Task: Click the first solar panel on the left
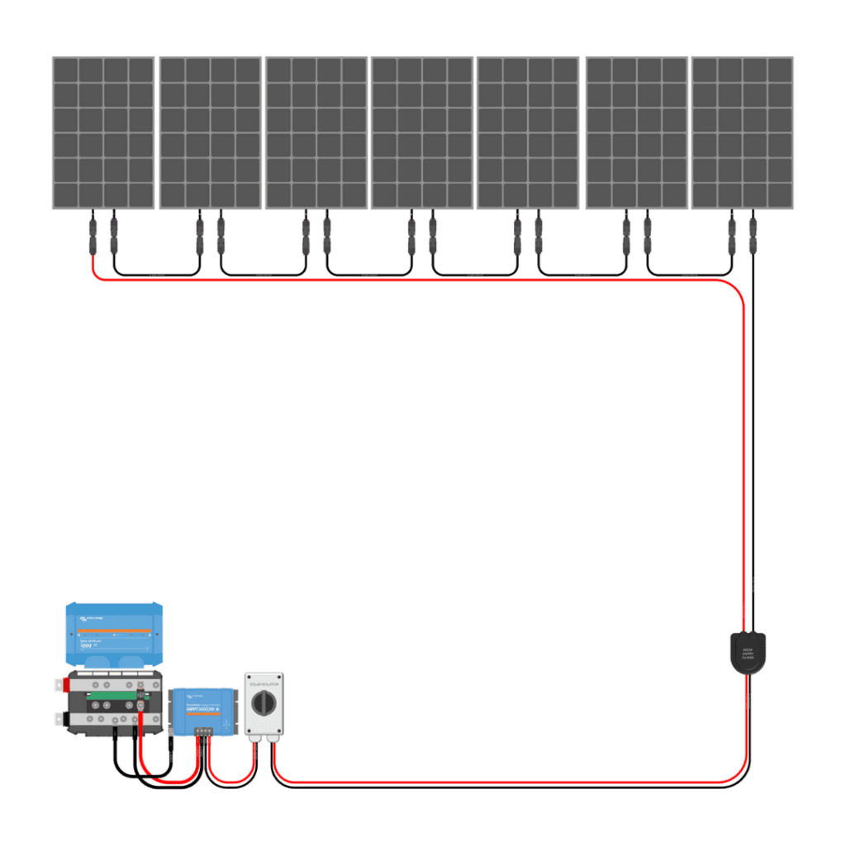click(103, 132)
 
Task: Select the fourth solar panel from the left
click(421, 132)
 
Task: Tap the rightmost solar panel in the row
click(742, 132)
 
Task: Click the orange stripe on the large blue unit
click(114, 631)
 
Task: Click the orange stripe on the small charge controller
click(202, 712)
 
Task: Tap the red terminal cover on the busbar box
click(59, 684)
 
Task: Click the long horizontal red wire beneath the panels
click(413, 282)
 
